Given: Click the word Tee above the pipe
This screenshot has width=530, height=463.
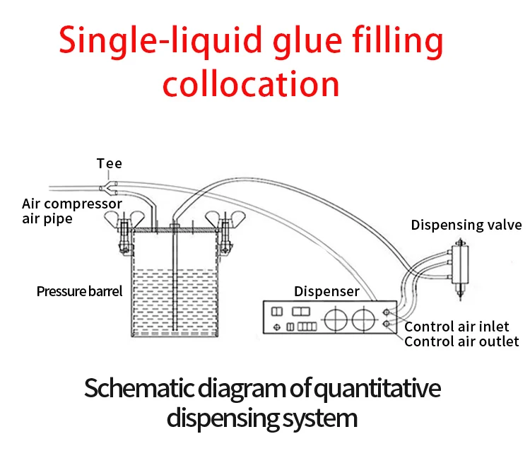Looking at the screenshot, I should (110, 164).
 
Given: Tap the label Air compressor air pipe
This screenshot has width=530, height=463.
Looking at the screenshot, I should (71, 211).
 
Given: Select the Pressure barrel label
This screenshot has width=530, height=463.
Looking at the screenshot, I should (79, 291).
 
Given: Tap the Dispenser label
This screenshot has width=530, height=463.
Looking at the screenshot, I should (326, 291).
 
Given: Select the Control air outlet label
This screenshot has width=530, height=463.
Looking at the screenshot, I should (461, 342).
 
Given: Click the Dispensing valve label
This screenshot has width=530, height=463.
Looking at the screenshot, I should (466, 225).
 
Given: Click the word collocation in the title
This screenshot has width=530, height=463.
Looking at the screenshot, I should (251, 83).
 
